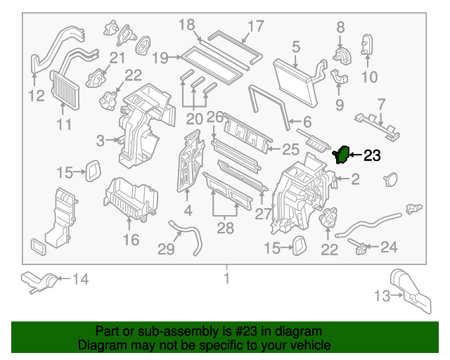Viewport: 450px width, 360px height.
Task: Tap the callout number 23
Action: coord(372,155)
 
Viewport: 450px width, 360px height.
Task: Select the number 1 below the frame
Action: coord(226,278)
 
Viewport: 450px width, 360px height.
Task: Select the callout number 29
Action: coord(165,249)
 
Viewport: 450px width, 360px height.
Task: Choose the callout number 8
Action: coord(340,27)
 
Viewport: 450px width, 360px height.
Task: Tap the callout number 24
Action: coord(389,247)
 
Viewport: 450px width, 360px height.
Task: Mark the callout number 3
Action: coord(101,141)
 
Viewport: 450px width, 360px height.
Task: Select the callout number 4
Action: coord(188,210)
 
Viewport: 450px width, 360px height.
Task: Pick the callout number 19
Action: coord(160,57)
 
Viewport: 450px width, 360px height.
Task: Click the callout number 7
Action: coord(381,105)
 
